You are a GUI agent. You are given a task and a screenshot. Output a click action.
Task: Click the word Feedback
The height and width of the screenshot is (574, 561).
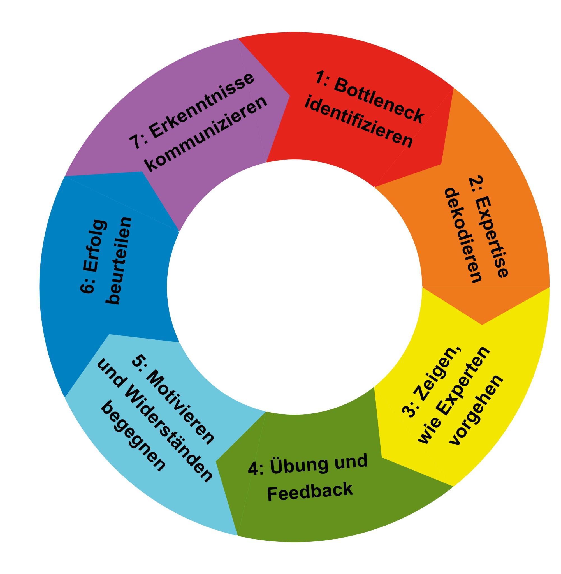pos(310,490)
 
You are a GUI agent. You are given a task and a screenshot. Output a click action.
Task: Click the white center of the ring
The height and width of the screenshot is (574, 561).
pos(295,287)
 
